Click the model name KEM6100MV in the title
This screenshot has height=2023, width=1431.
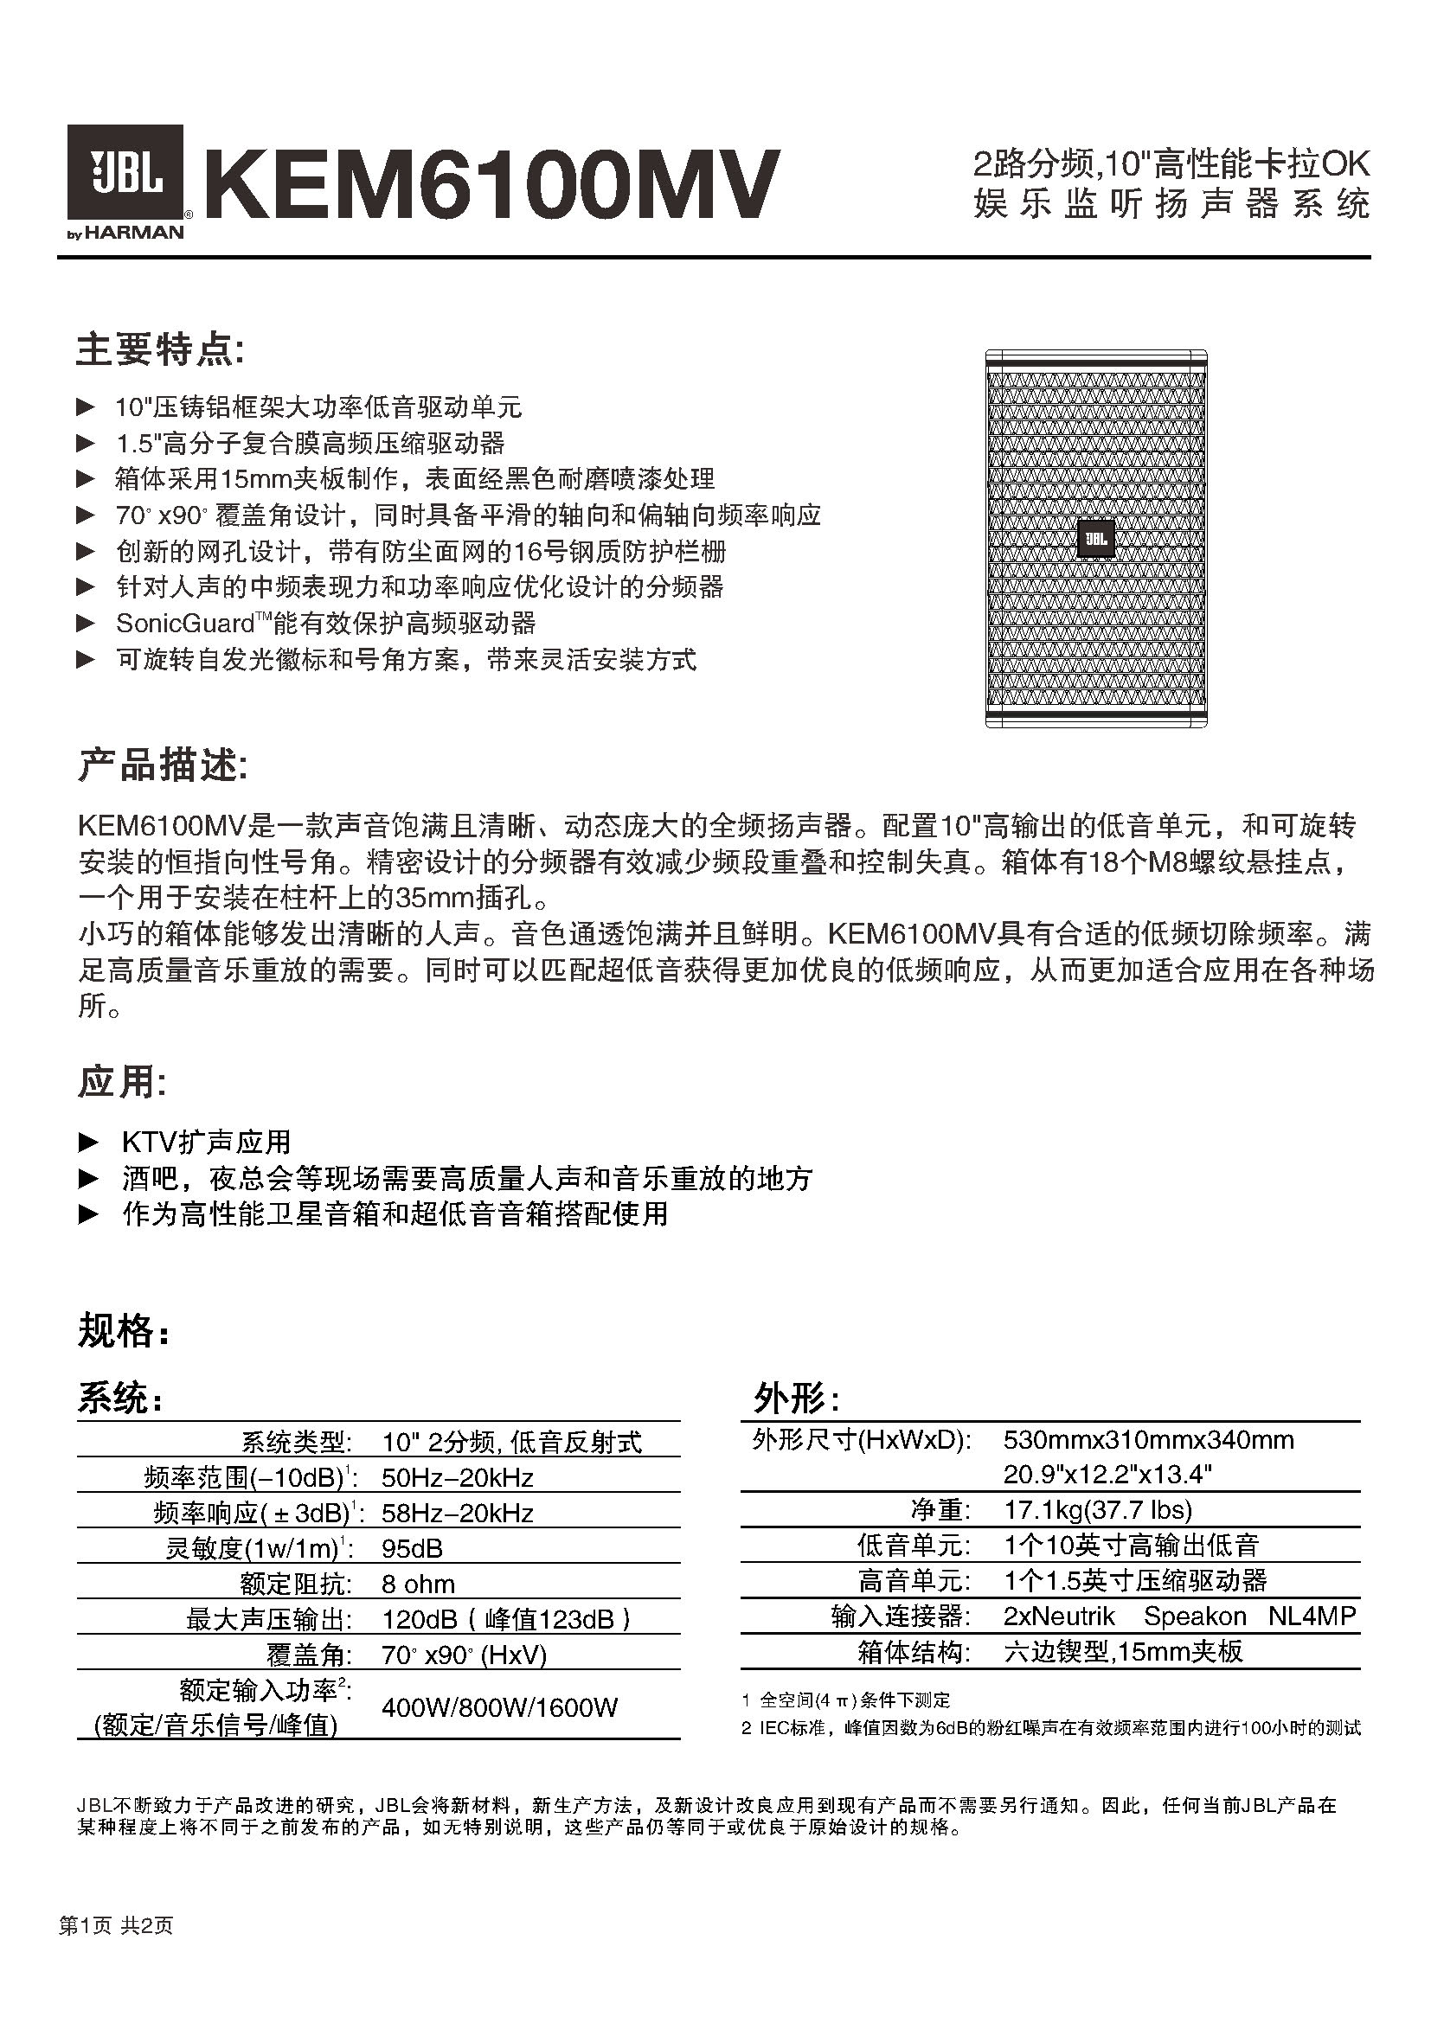(493, 183)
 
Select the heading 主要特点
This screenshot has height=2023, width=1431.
(159, 349)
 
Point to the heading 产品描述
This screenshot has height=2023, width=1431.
(163, 765)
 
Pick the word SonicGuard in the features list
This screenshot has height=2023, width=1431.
(185, 623)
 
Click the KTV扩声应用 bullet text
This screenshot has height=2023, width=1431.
(206, 1142)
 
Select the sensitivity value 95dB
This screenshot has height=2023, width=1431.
(412, 1548)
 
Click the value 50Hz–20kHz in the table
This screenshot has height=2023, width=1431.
(458, 1476)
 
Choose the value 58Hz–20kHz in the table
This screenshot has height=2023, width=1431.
(458, 1513)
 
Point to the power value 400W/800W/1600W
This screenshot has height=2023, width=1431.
(499, 1706)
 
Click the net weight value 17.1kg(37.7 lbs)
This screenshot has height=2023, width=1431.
(1097, 1509)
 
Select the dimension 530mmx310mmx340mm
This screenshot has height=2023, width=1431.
(1148, 1440)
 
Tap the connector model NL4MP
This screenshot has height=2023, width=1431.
(1311, 1616)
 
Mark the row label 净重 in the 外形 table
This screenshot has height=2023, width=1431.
(940, 1510)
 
